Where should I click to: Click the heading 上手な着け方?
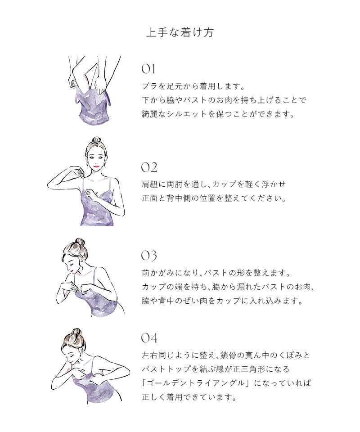180,32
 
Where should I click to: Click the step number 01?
148,69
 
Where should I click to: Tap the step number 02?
149,167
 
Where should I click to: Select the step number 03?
149,256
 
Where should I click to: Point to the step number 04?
149,338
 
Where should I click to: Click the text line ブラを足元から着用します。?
193,86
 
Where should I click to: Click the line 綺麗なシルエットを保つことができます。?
218,114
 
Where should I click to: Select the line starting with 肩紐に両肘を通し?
213,184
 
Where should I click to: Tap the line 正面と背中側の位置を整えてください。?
214,198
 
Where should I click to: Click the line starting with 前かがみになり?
216,273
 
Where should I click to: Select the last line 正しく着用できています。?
189,397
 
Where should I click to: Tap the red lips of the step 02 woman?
96,166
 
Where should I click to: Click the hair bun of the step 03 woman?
79,242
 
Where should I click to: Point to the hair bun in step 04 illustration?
76,332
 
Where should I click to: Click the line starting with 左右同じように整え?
226,355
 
